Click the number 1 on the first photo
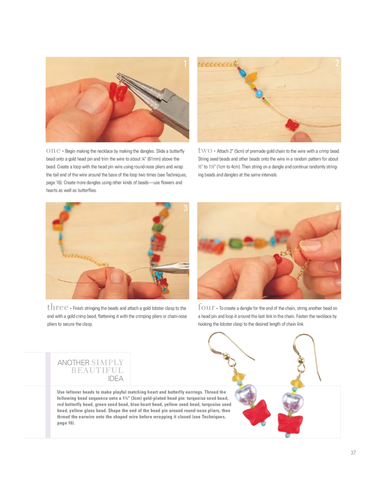click(185, 63)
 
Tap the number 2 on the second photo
click(337, 63)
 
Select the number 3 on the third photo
click(185, 208)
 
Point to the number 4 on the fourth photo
click(337, 208)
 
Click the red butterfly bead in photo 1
click(117, 92)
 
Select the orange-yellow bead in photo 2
click(252, 78)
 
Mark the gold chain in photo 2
click(214, 64)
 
